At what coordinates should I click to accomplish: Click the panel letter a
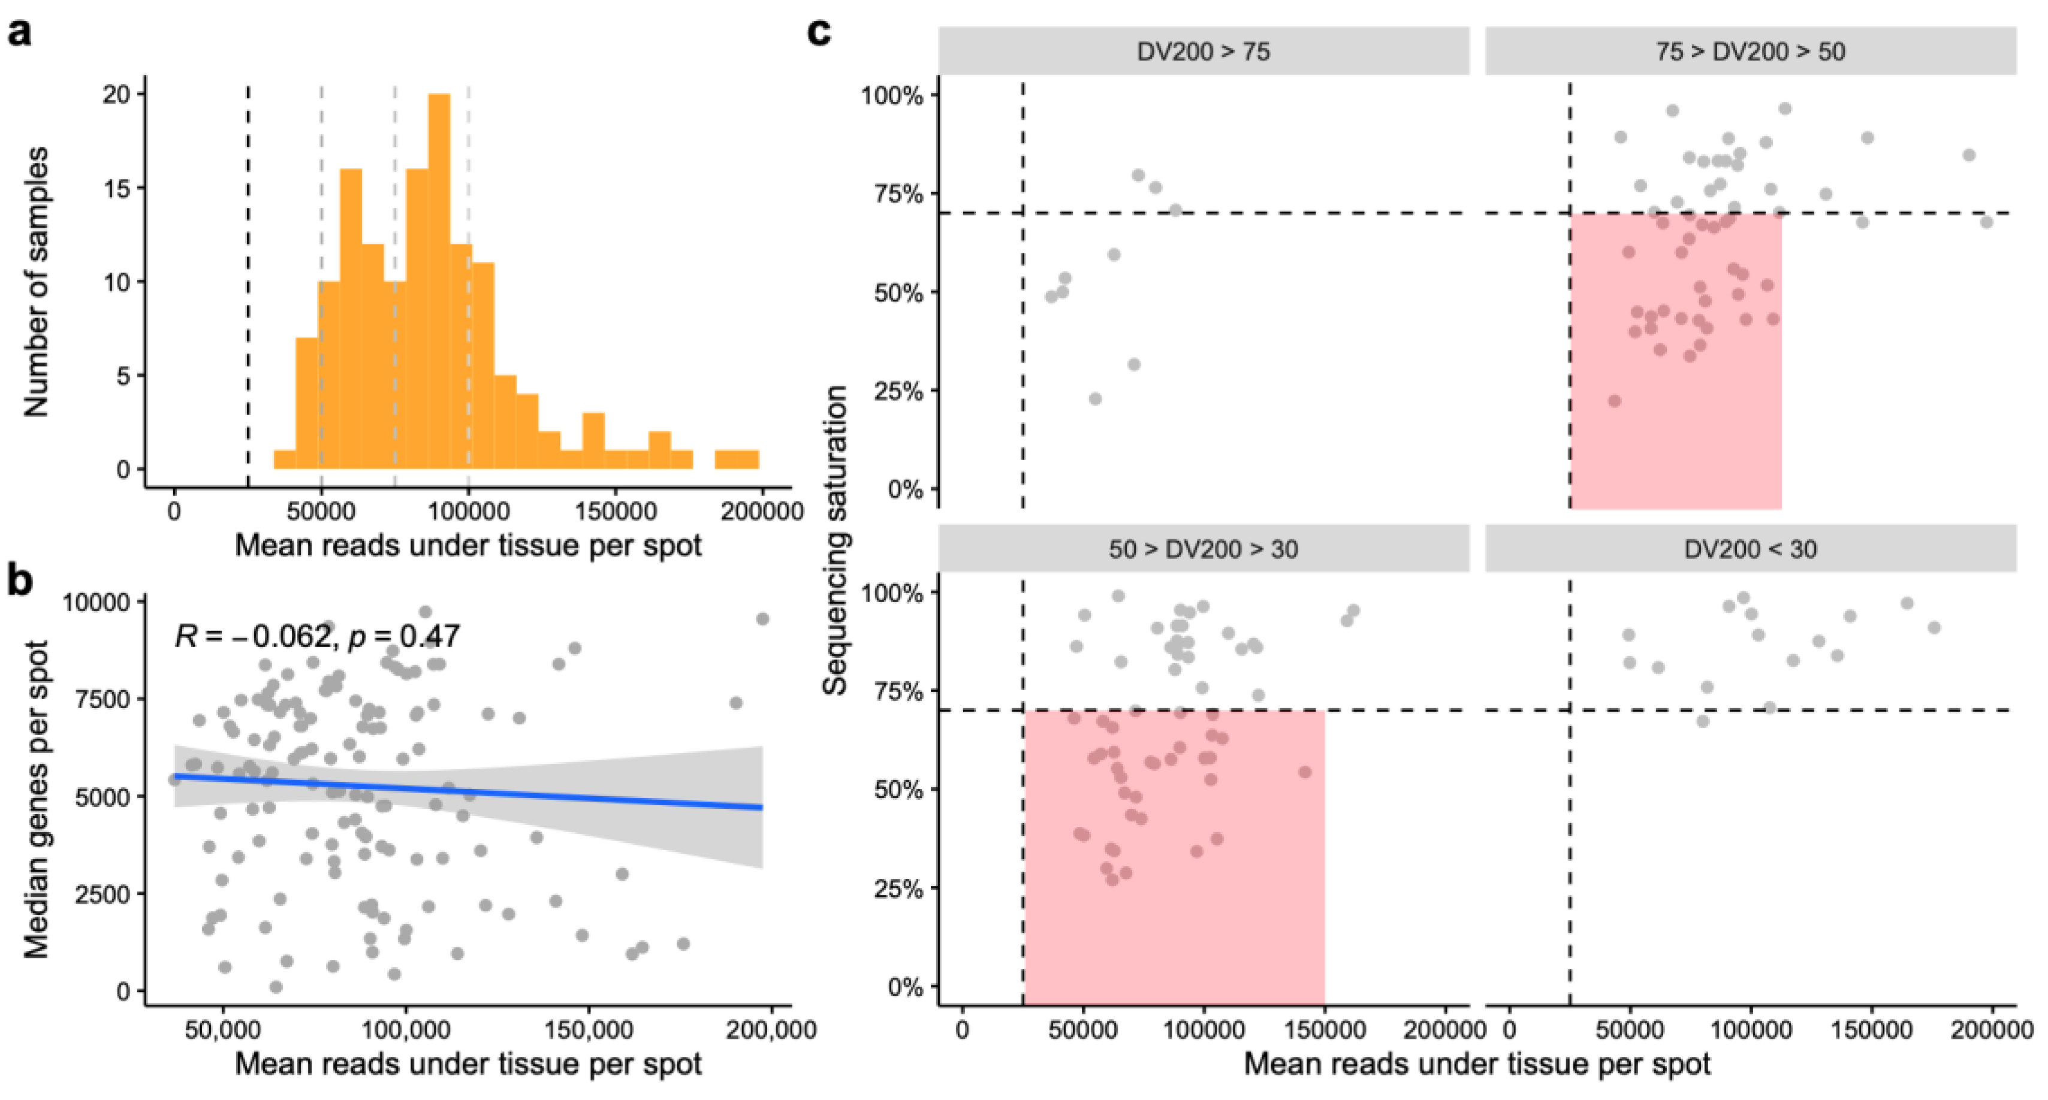coord(19,34)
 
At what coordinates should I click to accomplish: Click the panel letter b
coord(19,581)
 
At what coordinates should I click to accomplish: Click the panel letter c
coord(819,34)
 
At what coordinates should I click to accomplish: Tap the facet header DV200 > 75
coord(1203,52)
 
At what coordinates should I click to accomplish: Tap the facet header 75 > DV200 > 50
coord(1750,52)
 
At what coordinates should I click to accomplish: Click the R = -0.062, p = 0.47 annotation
coord(316,636)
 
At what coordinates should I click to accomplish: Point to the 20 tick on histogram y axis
coord(116,95)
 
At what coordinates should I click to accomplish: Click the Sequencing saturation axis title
coord(836,540)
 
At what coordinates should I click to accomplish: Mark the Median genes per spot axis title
coord(36,799)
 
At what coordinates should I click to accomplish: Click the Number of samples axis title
coord(36,282)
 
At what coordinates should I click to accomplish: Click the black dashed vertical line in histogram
coord(248,278)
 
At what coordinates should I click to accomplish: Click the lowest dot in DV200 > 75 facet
coord(1095,398)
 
